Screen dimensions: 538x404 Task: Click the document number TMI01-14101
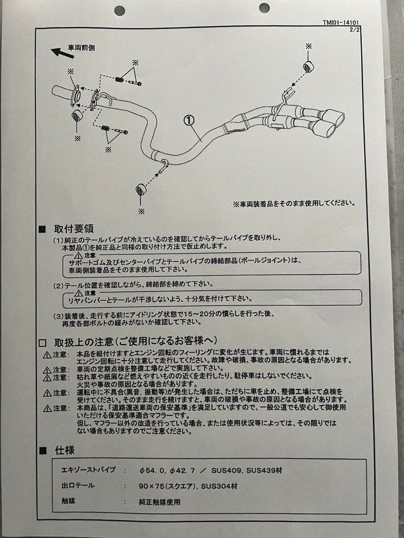(x=341, y=23)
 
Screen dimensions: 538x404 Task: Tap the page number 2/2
(x=355, y=29)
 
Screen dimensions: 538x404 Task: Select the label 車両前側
(x=81, y=47)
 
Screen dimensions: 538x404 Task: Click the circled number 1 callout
(x=189, y=120)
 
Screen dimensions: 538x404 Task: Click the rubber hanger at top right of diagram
(x=308, y=67)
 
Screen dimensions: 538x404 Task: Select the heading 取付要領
(x=74, y=229)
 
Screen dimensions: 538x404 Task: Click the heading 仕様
(x=64, y=450)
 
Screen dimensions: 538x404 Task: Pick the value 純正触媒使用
(x=160, y=502)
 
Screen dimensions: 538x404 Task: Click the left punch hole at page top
(x=120, y=10)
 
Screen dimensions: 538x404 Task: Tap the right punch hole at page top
(x=264, y=8)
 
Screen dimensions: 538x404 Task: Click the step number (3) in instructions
(x=59, y=315)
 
